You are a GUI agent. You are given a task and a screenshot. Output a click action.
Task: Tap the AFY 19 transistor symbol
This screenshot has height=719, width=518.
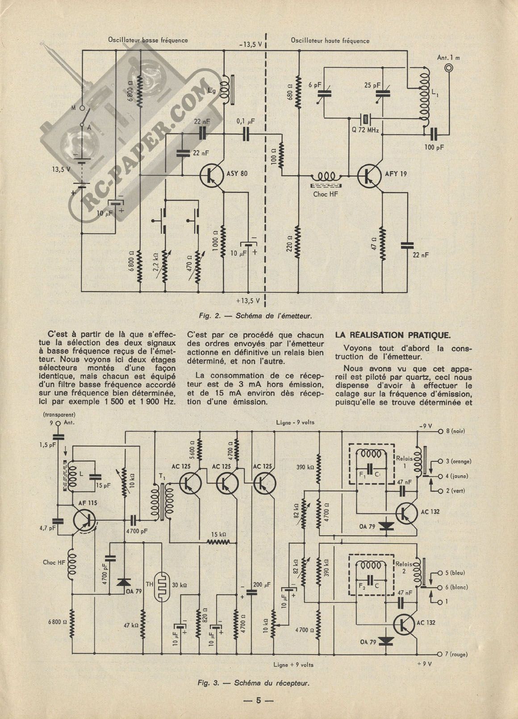pos(370,176)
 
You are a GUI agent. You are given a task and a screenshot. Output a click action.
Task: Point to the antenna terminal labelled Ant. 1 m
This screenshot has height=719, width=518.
pos(448,68)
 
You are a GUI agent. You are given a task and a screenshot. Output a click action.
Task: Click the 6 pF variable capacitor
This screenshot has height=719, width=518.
pos(323,93)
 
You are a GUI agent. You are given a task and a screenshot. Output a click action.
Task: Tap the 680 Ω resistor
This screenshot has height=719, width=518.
pos(298,93)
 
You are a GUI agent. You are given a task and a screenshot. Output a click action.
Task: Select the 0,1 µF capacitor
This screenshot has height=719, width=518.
pos(246,134)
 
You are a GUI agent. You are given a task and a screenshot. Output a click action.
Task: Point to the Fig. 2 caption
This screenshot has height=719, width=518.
pos(255,316)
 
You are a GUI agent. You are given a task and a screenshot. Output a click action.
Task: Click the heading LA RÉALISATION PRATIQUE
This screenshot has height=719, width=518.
pos(393,335)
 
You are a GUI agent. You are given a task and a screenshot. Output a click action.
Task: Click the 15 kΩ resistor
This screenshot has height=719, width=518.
pos(218,542)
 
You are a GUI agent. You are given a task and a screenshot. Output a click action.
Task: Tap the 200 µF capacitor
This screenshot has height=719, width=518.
pos(251,591)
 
